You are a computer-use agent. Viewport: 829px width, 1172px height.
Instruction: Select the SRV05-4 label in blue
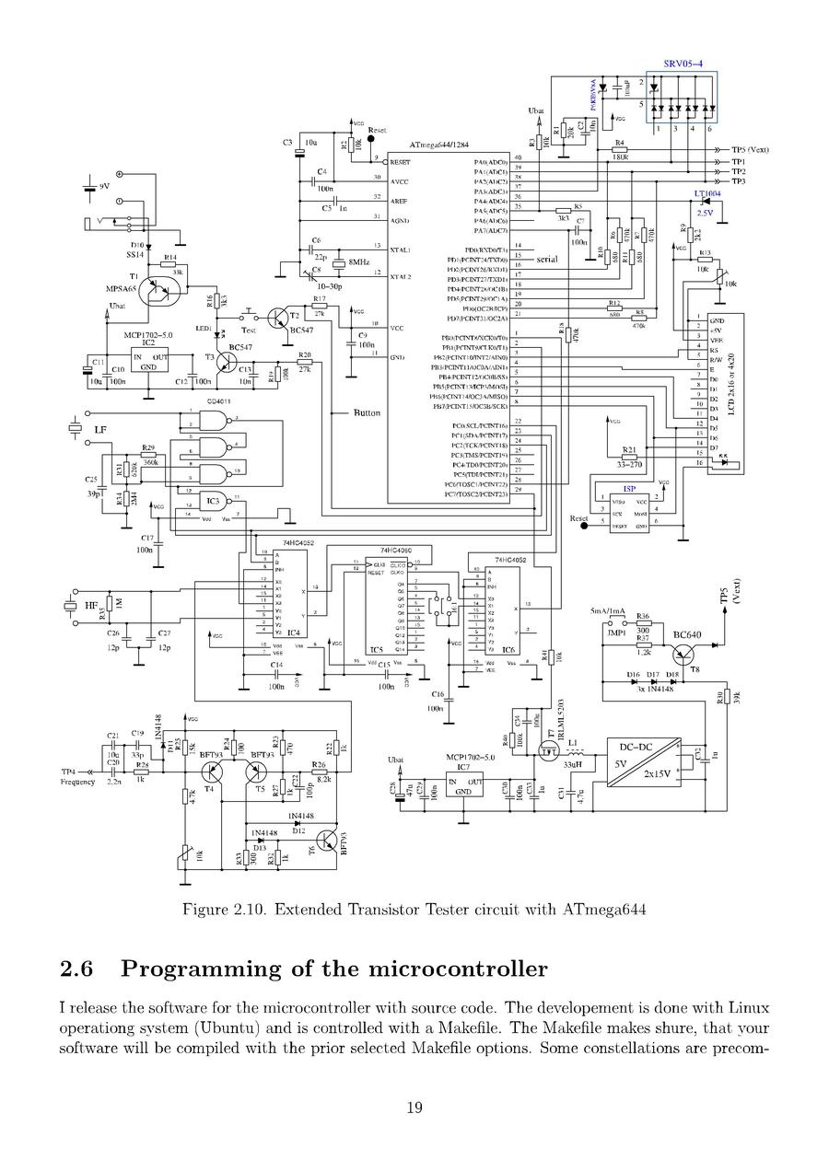683,64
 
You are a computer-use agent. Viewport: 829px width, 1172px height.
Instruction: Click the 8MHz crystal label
358,262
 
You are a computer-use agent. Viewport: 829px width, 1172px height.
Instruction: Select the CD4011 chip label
219,401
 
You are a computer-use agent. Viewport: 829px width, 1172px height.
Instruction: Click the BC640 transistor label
687,634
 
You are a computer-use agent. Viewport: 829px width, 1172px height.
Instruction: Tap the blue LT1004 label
707,194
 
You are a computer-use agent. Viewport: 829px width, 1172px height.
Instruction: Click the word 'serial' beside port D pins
547,260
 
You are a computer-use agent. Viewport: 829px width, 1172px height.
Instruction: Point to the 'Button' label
367,413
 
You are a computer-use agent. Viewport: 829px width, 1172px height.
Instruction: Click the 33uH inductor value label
573,763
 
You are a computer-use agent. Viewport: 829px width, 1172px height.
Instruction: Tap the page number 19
414,1108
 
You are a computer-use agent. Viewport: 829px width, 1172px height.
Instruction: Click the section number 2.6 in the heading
77,969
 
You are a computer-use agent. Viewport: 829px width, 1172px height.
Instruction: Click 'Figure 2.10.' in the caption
221,910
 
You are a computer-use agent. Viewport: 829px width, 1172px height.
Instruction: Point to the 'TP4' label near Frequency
68,772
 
